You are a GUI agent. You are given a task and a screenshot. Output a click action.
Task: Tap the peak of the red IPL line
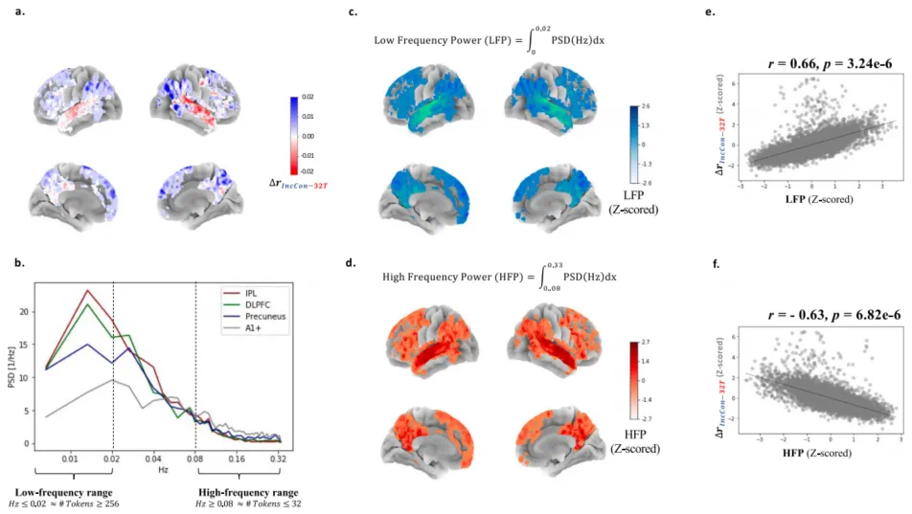[x=88, y=290]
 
